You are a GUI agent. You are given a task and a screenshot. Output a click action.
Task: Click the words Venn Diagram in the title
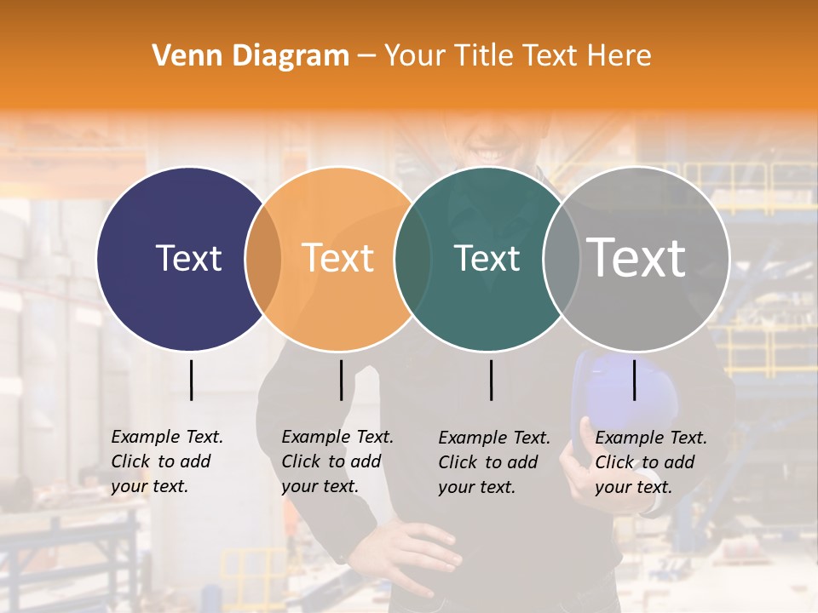251,56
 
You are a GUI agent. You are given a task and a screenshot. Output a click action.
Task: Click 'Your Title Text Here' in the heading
517,56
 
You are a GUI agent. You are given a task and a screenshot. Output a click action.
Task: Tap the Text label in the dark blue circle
188,258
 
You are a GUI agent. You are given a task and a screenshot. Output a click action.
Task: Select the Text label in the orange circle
337,258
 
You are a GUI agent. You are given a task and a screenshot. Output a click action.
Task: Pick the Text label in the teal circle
487,258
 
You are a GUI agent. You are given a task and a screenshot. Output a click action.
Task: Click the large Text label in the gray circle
637,258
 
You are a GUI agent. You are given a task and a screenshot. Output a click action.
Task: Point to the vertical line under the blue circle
191,380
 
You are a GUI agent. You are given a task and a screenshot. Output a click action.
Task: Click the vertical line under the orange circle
341,380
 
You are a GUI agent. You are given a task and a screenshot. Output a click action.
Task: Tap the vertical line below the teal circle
491,380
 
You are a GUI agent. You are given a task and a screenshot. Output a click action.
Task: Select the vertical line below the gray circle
634,380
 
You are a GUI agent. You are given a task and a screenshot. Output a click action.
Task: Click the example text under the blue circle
167,461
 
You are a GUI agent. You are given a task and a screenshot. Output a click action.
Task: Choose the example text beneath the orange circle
337,461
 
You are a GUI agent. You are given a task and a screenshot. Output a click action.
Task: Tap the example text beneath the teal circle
494,462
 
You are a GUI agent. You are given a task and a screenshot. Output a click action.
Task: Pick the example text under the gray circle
651,462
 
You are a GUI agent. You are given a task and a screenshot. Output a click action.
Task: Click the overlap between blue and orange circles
263,259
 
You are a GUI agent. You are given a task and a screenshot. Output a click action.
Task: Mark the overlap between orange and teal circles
412,259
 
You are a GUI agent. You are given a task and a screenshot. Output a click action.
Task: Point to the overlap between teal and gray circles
562,259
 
